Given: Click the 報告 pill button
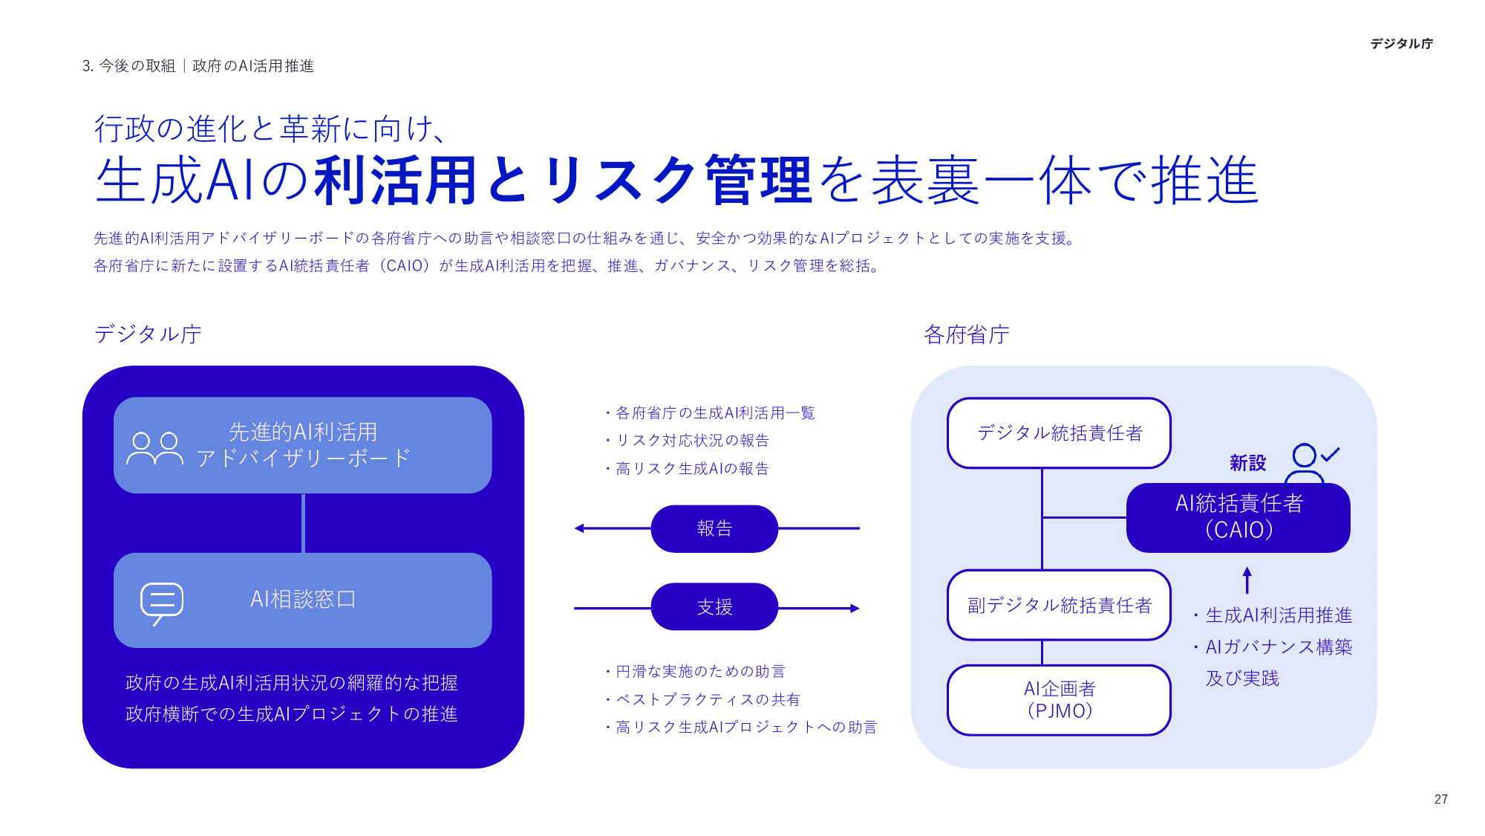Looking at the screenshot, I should point(714,528).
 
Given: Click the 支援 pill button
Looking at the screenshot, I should point(714,607).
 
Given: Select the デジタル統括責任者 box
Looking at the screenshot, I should point(1059,433).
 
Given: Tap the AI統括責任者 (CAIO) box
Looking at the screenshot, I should point(1238,517).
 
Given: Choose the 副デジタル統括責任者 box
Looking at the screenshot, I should point(1059,605).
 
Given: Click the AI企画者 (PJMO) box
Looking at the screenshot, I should point(1059,700).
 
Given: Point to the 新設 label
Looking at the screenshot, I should point(1247,463).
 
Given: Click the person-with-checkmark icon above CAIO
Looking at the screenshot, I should point(1310,462).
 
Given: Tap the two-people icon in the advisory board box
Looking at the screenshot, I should point(154,448).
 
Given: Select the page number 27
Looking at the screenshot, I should point(1440,800).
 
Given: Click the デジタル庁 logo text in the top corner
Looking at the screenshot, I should point(1401,44).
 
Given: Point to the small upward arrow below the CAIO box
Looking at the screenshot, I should point(1247,580).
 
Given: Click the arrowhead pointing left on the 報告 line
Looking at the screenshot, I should point(579,528).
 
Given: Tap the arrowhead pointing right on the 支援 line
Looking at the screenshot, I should point(855,608).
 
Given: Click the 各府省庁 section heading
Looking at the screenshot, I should point(966,334).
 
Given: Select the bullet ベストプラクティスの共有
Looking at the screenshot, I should point(708,699).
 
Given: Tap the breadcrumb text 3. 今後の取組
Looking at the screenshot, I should point(128,66).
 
